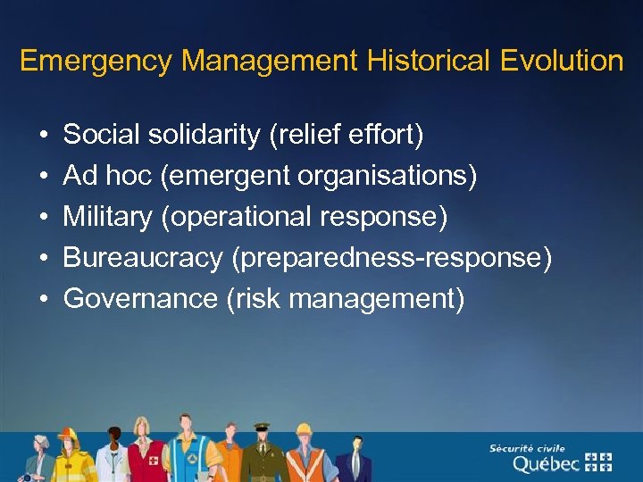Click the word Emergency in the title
[x=96, y=62]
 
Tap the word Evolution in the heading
[x=562, y=61]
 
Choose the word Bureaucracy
[x=143, y=259]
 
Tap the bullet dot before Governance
[x=44, y=300]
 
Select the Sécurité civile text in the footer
[x=527, y=448]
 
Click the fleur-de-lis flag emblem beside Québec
[x=598, y=461]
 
